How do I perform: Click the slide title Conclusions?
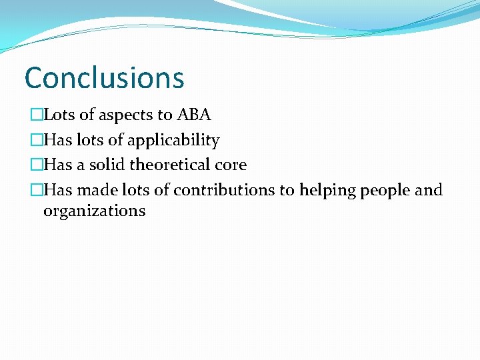tap(104, 77)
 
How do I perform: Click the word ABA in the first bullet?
tap(194, 115)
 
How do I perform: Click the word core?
tap(231, 165)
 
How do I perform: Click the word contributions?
tap(224, 190)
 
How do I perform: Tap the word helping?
tap(328, 191)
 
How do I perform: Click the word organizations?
tap(94, 211)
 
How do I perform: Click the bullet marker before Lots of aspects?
tap(37, 115)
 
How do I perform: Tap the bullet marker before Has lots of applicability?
tap(37, 141)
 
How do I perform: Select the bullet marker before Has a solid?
tap(37, 165)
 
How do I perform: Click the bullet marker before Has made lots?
tap(37, 191)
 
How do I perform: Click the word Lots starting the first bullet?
tap(59, 115)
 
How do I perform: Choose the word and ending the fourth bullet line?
tap(429, 190)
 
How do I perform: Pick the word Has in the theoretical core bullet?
tap(58, 165)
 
